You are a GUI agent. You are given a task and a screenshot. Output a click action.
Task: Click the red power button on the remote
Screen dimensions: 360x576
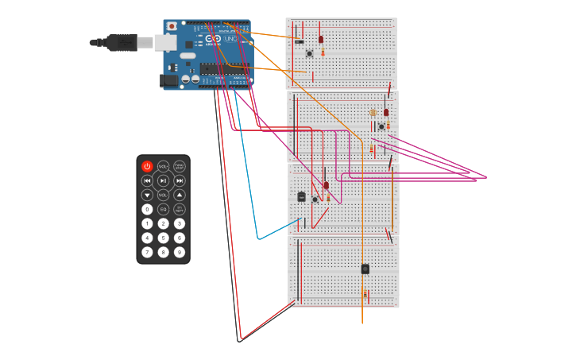(147, 167)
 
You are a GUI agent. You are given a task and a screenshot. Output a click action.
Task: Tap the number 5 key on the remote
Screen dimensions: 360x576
(163, 238)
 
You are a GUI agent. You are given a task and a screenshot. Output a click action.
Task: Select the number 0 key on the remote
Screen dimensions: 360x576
(147, 210)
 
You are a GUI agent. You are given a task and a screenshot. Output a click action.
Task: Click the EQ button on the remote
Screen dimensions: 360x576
(163, 210)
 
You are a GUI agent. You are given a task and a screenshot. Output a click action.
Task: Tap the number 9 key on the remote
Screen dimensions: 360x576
(180, 252)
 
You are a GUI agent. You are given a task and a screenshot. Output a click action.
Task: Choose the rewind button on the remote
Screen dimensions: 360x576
(147, 181)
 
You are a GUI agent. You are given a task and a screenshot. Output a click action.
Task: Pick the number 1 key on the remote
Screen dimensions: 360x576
(147, 224)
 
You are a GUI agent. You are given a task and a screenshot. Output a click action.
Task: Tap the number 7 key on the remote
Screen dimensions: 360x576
(147, 252)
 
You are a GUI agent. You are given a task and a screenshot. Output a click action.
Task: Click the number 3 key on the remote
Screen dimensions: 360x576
(180, 224)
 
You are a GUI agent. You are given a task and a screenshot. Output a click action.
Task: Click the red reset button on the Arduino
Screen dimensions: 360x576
(172, 26)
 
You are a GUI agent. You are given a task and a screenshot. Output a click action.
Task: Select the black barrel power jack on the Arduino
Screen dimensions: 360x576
(168, 79)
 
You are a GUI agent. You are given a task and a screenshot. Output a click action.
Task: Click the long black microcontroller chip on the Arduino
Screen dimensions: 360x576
(223, 69)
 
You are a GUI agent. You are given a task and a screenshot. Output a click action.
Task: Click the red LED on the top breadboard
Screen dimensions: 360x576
(321, 39)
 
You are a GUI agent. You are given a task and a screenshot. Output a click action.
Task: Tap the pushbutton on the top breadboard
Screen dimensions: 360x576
(309, 54)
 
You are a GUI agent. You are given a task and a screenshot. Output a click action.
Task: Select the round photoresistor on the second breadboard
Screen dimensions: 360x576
(373, 113)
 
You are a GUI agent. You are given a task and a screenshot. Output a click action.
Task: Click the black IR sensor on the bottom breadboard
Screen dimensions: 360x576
(365, 269)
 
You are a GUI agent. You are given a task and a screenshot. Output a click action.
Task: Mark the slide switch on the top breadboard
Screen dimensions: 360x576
(300, 41)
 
